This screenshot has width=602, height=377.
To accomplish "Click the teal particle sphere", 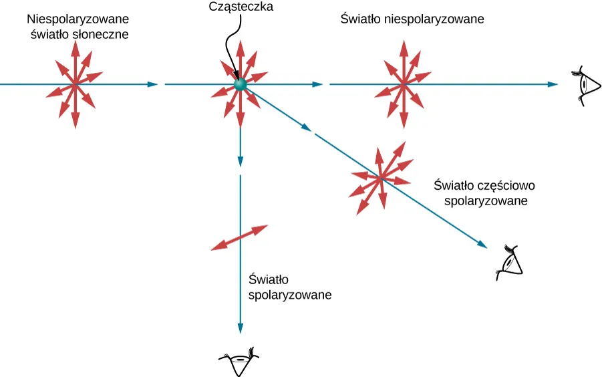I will point(240,85).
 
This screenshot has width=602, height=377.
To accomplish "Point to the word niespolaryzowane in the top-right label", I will point(434,20).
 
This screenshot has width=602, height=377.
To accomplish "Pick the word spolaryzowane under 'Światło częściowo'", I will point(486,201).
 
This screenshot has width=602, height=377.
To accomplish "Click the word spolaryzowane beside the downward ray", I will point(290,294).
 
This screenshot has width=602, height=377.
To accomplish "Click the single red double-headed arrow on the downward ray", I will point(239,238).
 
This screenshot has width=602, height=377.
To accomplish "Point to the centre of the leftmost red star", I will point(74,84).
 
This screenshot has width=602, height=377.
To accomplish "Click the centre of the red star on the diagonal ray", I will point(380,178).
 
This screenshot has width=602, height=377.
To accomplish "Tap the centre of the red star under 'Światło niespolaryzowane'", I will point(404,84).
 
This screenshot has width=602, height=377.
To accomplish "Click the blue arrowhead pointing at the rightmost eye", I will point(552,84).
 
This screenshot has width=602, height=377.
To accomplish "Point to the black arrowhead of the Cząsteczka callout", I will point(235,75).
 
